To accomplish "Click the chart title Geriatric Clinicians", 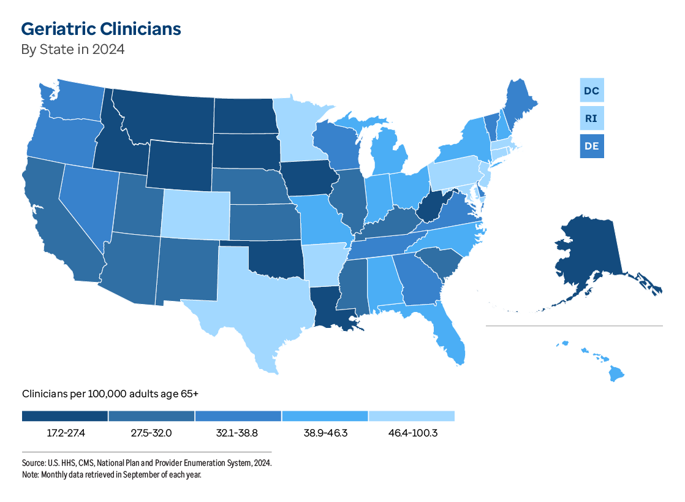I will pyautogui.click(x=101, y=29).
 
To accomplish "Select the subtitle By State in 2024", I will pyautogui.click(x=73, y=50).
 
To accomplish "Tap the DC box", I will pyautogui.click(x=592, y=91).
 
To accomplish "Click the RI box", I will pyautogui.click(x=592, y=118).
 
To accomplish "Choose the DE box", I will pyautogui.click(x=592, y=146).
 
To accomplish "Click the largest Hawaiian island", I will pyautogui.click(x=617, y=373).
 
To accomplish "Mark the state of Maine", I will pyautogui.click(x=518, y=104).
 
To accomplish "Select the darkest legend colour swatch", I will pyautogui.click(x=65, y=416).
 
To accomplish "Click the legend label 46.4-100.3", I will pyautogui.click(x=412, y=433).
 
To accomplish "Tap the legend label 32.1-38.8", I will pyautogui.click(x=238, y=433).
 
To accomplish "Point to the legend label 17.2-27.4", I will pyautogui.click(x=65, y=433).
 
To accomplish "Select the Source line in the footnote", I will pyautogui.click(x=146, y=463).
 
